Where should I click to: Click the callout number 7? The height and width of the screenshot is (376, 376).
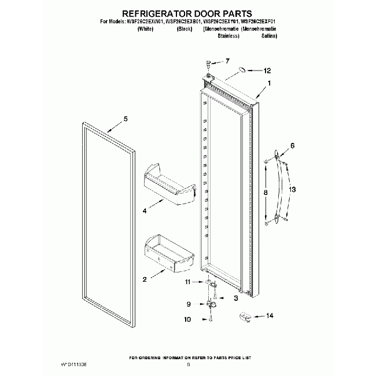[x=227, y=61]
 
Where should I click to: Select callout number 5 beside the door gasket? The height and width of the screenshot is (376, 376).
[x=126, y=120]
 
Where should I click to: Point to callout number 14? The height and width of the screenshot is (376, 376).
[x=269, y=316]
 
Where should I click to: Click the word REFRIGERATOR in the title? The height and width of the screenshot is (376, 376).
[x=152, y=12]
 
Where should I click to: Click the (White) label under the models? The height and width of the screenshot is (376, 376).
[x=145, y=28]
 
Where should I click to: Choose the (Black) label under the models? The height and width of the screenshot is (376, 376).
[x=184, y=28]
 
